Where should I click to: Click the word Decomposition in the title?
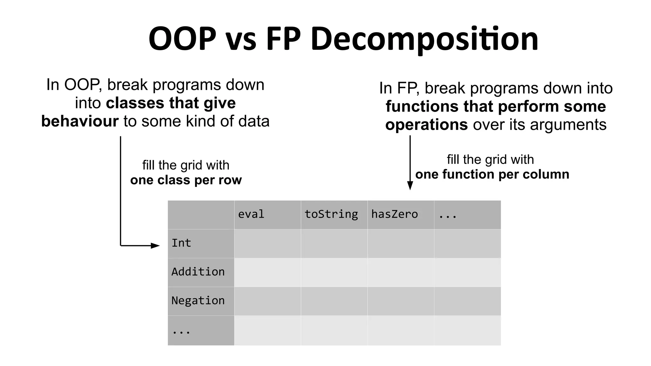[424, 39]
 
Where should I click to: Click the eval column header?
[251, 214]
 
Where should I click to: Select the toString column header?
[331, 214]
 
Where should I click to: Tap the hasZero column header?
[394, 214]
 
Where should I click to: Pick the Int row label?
[181, 243]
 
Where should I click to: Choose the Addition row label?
[198, 272]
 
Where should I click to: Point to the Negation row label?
[198, 301]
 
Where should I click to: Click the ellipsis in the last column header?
[448, 216]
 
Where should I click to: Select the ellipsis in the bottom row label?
[181, 332]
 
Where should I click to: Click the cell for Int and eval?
[267, 243]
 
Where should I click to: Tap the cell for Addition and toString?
[334, 272]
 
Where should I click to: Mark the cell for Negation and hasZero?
[401, 301]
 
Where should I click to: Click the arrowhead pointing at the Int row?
[155, 246]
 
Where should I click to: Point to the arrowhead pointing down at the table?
[410, 186]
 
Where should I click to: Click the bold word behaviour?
[80, 121]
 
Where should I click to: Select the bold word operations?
[426, 125]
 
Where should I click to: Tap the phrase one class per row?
[186, 180]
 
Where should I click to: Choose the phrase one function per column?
[492, 174]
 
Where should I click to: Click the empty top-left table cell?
[201, 215]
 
